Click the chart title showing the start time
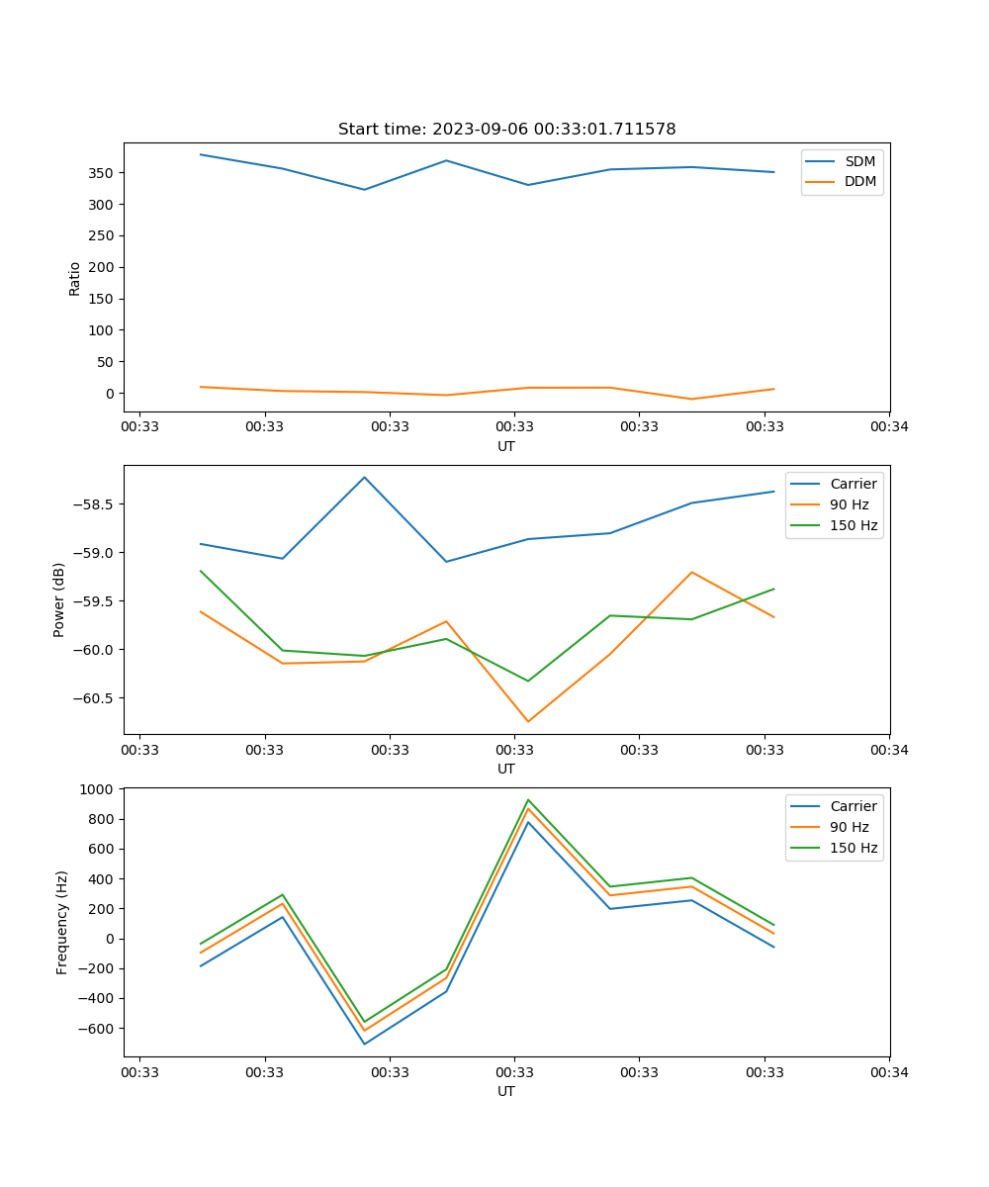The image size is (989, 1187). tap(506, 130)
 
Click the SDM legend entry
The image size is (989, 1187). tap(859, 160)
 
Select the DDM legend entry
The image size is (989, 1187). tap(859, 181)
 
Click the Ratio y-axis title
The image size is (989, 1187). tap(75, 277)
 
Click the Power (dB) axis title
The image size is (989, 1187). tap(59, 599)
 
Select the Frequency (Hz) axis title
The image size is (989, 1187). tap(62, 922)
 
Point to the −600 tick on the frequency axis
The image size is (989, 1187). tap(97, 1029)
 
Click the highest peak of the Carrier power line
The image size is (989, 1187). tap(364, 477)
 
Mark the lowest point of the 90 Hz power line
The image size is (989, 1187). tap(528, 721)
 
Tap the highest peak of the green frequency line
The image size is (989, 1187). tap(528, 799)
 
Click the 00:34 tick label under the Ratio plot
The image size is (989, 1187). tap(889, 427)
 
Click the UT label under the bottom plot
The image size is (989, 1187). tap(506, 1091)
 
